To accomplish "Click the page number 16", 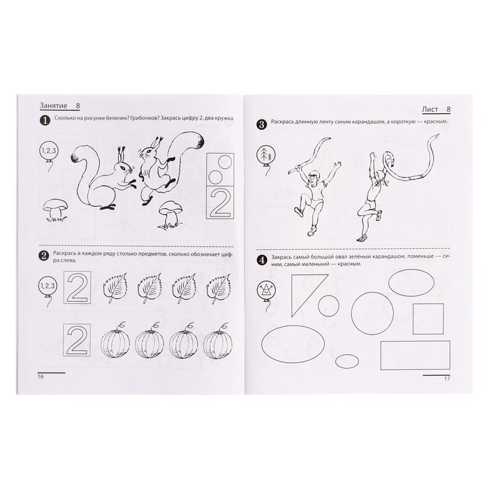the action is click(x=41, y=377).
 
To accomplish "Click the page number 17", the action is click(x=447, y=379).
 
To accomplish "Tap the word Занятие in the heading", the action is click(x=53, y=105).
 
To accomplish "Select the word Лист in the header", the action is click(x=430, y=109).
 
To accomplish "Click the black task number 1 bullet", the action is click(x=45, y=120).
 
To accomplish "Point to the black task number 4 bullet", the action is click(x=261, y=260).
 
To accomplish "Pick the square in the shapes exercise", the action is click(x=428, y=319).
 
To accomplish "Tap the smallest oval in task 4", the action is click(x=346, y=361).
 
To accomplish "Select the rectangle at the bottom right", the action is click(x=415, y=355).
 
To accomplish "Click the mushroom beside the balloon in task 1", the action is click(x=55, y=210).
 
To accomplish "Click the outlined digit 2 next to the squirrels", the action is click(x=220, y=203).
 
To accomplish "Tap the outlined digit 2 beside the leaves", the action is click(x=77, y=287).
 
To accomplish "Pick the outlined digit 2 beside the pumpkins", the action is click(x=77, y=340).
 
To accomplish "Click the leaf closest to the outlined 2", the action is click(x=115, y=288).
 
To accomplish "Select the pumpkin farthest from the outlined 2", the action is click(x=218, y=344).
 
